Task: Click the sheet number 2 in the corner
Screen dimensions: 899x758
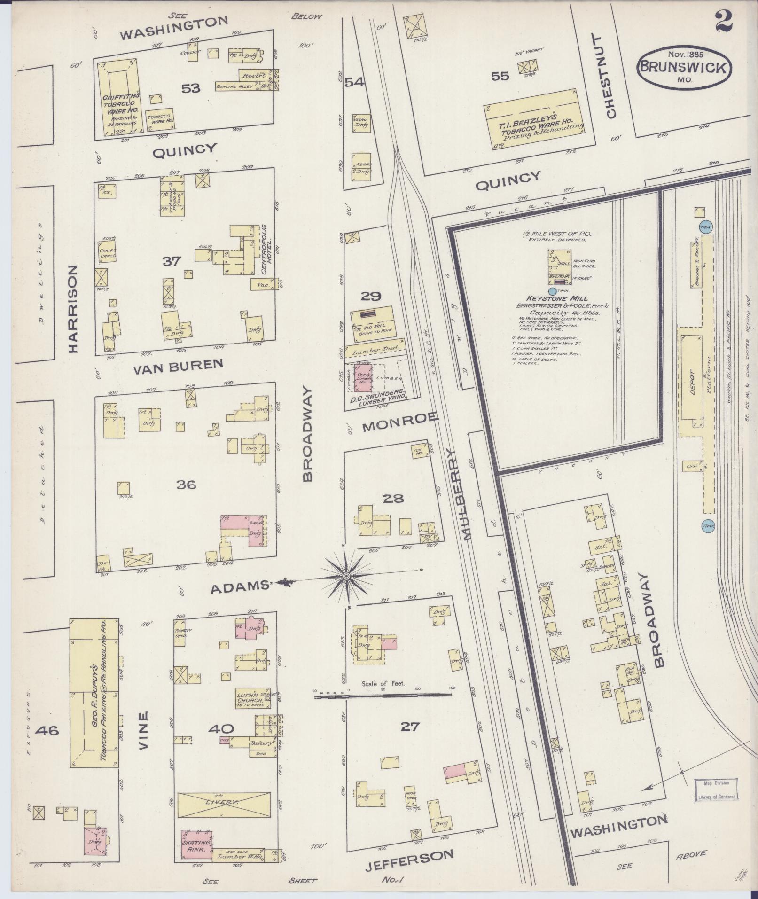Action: pyautogui.click(x=724, y=22)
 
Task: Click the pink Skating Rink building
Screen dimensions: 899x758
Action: pyautogui.click(x=196, y=845)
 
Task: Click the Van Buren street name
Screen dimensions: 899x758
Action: pyautogui.click(x=177, y=366)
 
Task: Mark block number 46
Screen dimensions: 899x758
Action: pyautogui.click(x=48, y=730)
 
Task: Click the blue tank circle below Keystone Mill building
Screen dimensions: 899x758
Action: pyautogui.click(x=552, y=291)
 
